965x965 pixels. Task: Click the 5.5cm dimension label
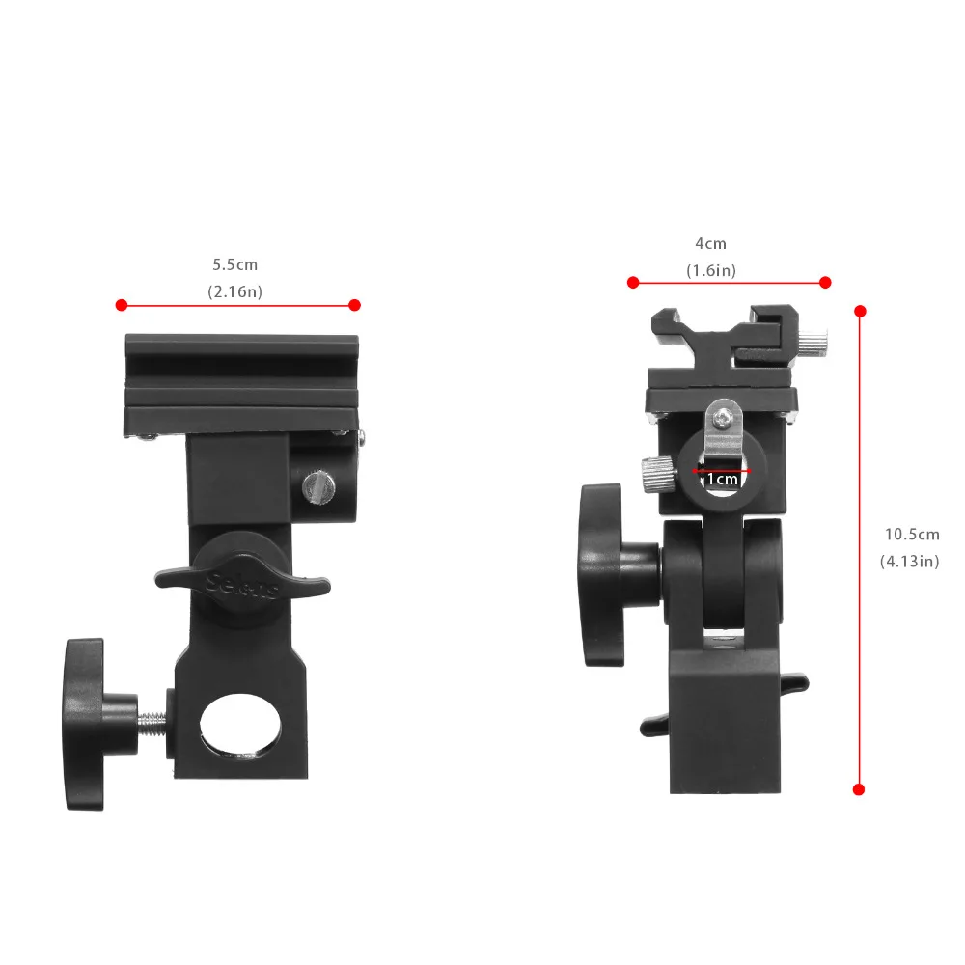pyautogui.click(x=235, y=263)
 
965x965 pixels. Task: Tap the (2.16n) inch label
pyautogui.click(x=235, y=289)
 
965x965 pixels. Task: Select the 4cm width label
pyautogui.click(x=710, y=244)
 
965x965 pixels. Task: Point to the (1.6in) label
pyautogui.click(x=710, y=271)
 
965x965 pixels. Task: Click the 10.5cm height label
pyautogui.click(x=912, y=534)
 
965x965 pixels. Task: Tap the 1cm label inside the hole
pyautogui.click(x=722, y=479)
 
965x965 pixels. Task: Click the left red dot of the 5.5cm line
pyautogui.click(x=121, y=305)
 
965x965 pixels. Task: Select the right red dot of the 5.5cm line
pyautogui.click(x=354, y=305)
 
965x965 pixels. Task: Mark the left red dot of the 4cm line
pyautogui.click(x=633, y=282)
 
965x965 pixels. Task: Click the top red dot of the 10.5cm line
pyautogui.click(x=860, y=311)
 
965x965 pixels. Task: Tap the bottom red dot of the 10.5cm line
pyautogui.click(x=859, y=788)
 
